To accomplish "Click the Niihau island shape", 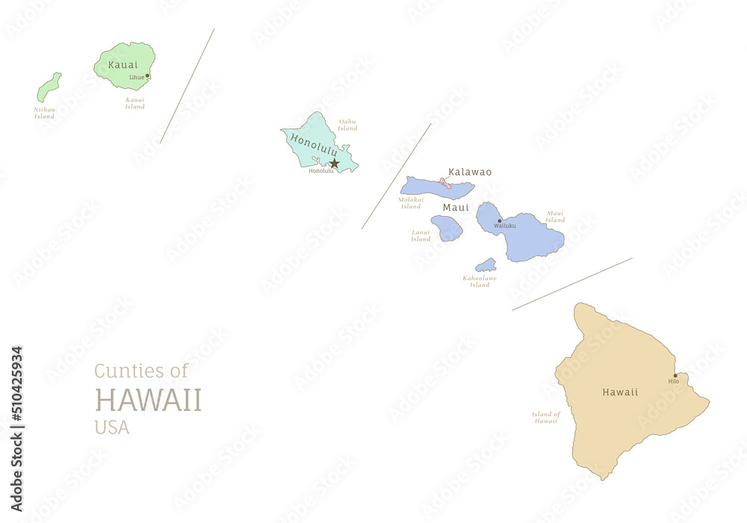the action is tap(49, 88).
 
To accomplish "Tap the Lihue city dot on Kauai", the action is tap(147, 75).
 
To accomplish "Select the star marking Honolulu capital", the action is tap(335, 163).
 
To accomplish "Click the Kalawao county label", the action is tap(470, 172).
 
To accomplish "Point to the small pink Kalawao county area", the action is tap(444, 182).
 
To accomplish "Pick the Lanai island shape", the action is tap(447, 228).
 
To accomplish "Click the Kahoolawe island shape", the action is tap(486, 265).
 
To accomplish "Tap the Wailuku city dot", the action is tap(500, 220).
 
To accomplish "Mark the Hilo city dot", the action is tap(675, 376).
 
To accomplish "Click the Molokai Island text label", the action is tap(411, 202).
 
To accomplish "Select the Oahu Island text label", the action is tap(347, 125).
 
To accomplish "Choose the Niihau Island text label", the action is tap(44, 113).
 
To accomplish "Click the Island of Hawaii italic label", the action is tap(546, 417).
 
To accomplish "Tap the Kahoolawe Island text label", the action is tap(480, 281).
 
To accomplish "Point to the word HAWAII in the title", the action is tap(148, 400).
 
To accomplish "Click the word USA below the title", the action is tap(111, 427).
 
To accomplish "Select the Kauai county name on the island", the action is tap(123, 64).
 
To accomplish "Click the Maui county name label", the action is tap(456, 207).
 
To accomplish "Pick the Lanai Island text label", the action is tap(421, 235).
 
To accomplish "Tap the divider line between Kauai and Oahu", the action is tap(187, 86).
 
